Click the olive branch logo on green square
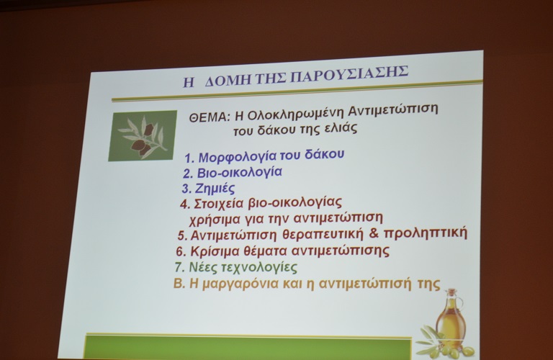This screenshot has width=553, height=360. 143,136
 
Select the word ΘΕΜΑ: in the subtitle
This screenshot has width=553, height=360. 209,117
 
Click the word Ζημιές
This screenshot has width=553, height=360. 215,189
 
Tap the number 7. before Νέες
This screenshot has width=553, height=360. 180,267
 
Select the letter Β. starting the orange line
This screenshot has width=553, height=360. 179,284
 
